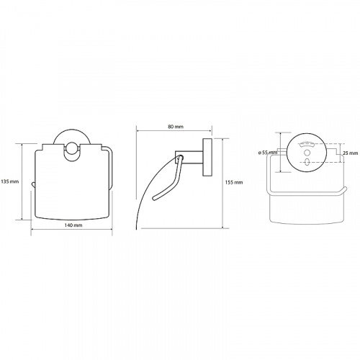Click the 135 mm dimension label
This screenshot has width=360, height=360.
pos(9,181)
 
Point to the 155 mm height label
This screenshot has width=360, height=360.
pos(234,182)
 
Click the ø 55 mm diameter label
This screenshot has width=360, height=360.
pos(267,153)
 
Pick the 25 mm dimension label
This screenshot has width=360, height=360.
pos(351,153)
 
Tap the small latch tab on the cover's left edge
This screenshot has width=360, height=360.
pos(33,184)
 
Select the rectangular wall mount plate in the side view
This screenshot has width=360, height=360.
pos(207,157)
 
